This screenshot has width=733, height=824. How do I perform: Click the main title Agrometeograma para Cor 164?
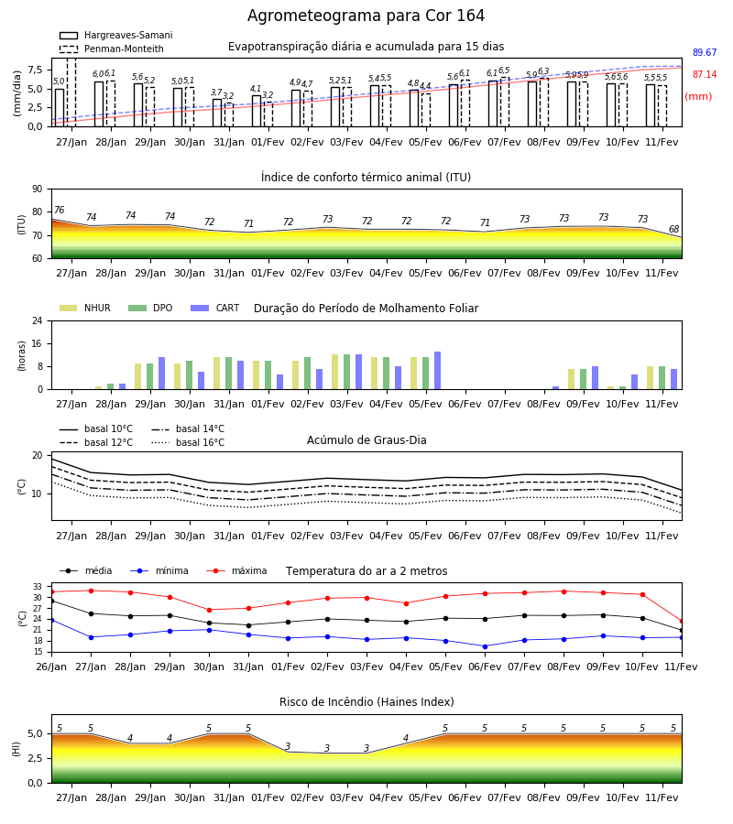pyautogui.click(x=366, y=16)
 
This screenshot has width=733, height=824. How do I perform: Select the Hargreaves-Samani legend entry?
pyautogui.click(x=115, y=35)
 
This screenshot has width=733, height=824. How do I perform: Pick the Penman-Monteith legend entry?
pyautogui.click(x=112, y=49)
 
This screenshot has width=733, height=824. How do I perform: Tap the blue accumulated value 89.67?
pyautogui.click(x=705, y=52)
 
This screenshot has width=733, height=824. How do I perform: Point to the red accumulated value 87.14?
pyautogui.click(x=705, y=75)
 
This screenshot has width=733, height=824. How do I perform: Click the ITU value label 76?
pyautogui.click(x=59, y=211)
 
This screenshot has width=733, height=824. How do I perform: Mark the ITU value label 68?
pyautogui.click(x=673, y=229)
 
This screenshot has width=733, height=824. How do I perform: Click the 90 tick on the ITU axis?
pyautogui.click(x=38, y=190)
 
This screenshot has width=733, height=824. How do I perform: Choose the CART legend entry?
pyautogui.click(x=215, y=308)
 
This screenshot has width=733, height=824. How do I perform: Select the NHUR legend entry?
pyautogui.click(x=85, y=308)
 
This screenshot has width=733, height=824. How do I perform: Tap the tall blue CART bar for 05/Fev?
pyautogui.click(x=437, y=371)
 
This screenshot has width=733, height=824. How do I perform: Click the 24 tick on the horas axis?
pyautogui.click(x=38, y=320)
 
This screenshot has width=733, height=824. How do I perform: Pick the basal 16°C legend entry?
pyautogui.click(x=188, y=442)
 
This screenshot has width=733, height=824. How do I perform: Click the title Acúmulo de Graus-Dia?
pyautogui.click(x=366, y=439)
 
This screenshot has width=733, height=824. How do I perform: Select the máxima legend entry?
pyautogui.click(x=236, y=570)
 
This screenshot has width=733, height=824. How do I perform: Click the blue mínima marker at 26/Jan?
pyautogui.click(x=51, y=620)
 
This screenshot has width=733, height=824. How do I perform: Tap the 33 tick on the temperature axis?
pyautogui.click(x=38, y=587)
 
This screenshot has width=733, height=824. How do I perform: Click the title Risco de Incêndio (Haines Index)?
pyautogui.click(x=366, y=702)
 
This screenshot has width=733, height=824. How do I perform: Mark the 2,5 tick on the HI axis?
pyautogui.click(x=36, y=758)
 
